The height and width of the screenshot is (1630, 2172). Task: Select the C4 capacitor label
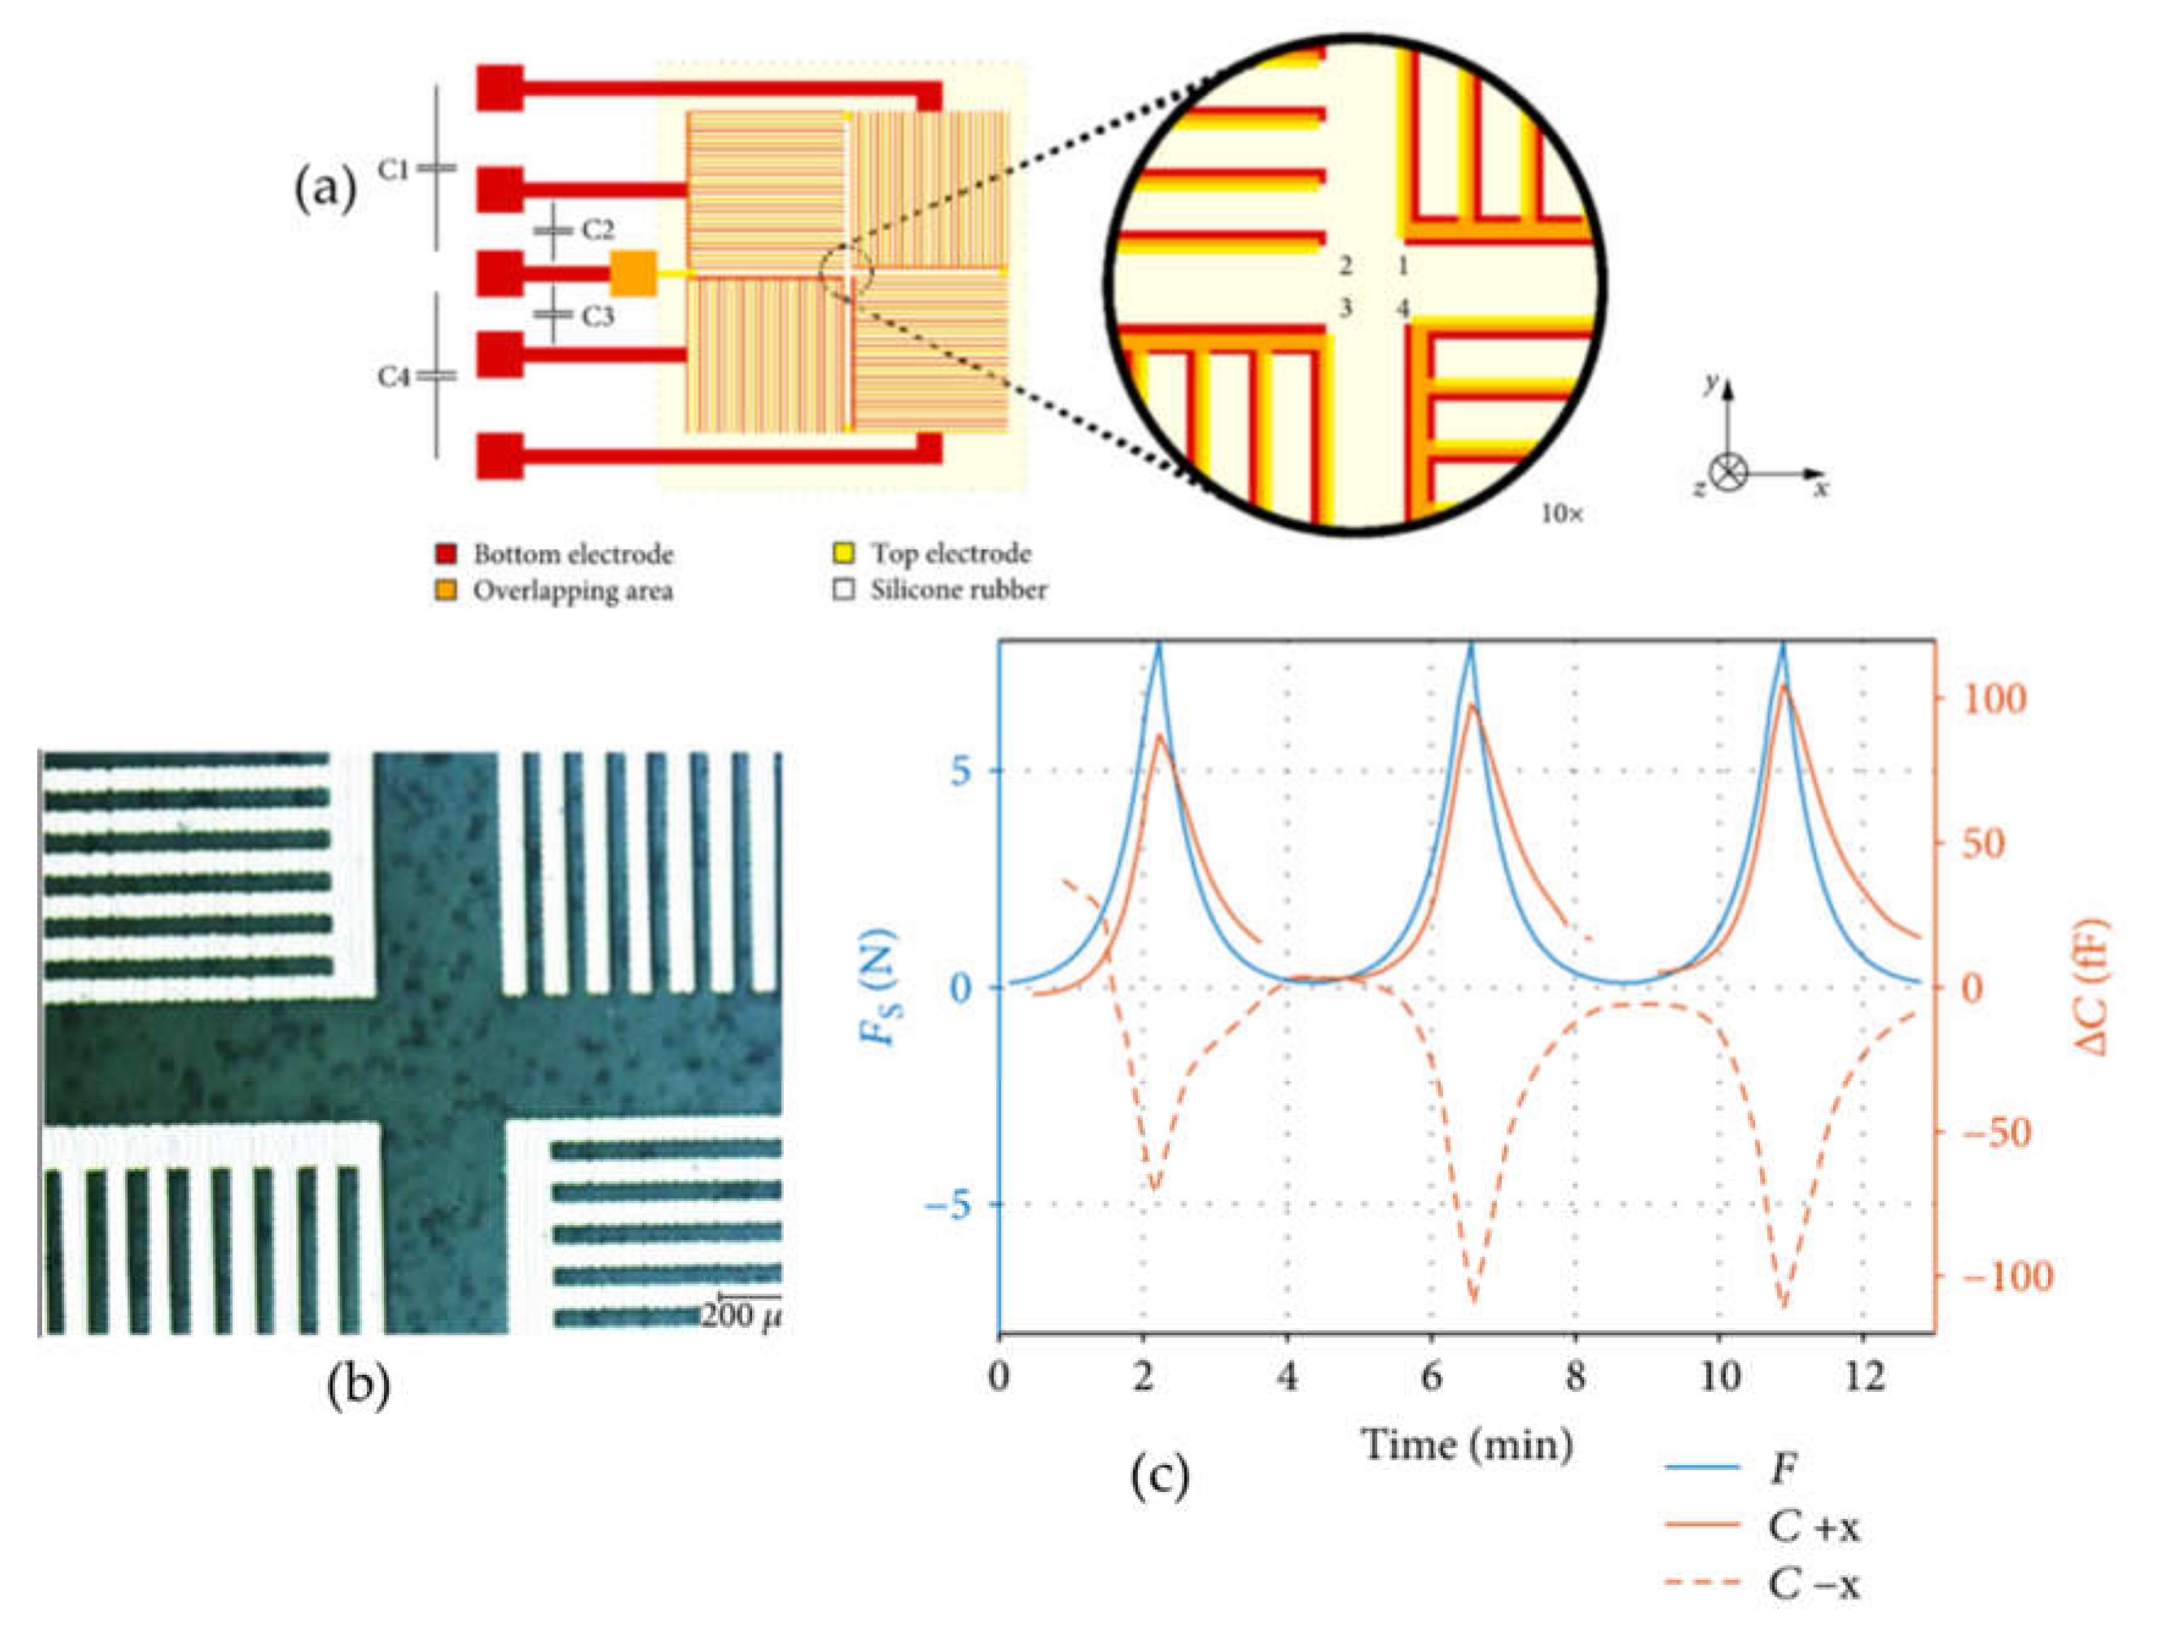[394, 376]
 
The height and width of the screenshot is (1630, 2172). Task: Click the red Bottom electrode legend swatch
[447, 554]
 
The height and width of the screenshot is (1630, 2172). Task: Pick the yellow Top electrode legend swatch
[842, 554]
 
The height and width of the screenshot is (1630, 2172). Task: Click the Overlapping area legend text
[573, 591]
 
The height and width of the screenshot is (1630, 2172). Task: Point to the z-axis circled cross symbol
[1728, 473]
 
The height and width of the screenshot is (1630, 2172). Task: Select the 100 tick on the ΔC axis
[1993, 699]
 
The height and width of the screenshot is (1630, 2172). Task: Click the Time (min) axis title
[1467, 1444]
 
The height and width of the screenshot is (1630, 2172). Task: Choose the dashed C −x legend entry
[1762, 1584]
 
